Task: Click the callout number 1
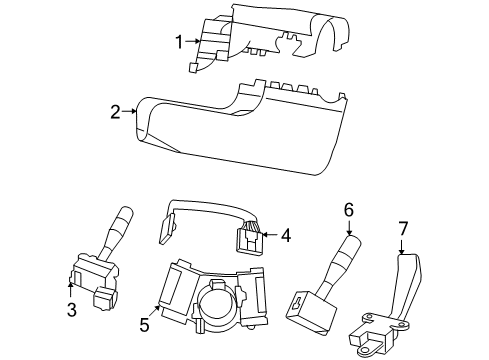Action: pos(179,42)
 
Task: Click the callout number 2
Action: pos(116,112)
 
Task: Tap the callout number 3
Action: pos(71,310)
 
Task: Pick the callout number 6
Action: pos(349,210)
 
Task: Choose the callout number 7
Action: pos(403,230)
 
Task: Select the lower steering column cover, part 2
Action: pos(240,130)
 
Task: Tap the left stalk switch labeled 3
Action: pos(95,270)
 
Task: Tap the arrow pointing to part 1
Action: pos(195,41)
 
